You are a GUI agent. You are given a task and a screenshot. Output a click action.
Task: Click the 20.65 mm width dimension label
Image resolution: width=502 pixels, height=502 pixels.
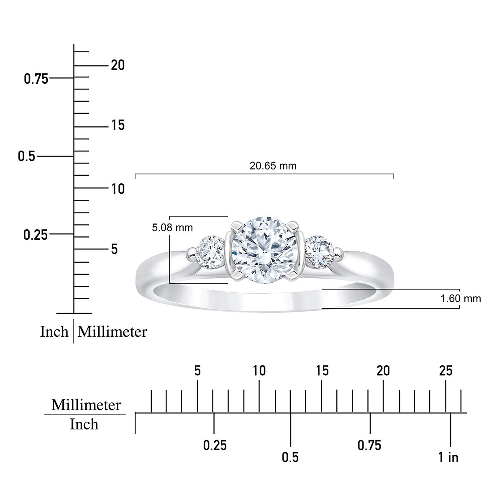273,166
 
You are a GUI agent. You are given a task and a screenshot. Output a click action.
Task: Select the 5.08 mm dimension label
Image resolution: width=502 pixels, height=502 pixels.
172,228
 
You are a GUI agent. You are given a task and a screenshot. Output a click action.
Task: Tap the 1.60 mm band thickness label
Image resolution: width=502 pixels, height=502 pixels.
461,299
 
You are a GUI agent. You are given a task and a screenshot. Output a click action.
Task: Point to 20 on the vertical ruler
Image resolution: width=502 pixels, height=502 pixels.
118,66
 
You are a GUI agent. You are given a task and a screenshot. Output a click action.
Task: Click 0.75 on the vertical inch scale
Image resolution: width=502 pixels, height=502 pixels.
36,79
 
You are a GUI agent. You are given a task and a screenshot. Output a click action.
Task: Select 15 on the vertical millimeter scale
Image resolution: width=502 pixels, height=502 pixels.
118,125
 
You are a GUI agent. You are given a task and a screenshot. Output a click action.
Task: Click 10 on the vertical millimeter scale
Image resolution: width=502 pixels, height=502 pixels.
118,189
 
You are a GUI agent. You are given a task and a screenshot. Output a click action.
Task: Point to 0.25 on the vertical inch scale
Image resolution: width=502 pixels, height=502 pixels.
36,235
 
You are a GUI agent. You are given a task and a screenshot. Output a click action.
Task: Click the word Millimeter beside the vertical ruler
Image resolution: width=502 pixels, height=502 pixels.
113,332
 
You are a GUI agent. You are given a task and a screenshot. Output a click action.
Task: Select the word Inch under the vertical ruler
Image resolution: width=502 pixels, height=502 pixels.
54,332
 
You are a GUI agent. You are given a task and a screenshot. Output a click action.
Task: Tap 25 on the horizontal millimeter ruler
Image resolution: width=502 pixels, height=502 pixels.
446,371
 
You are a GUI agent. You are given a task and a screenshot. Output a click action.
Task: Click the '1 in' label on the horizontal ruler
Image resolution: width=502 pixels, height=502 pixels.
448,458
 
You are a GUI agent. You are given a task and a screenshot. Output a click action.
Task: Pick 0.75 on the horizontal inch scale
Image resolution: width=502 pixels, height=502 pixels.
369,446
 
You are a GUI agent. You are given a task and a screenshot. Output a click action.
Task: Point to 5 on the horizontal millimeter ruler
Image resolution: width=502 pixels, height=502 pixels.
197,371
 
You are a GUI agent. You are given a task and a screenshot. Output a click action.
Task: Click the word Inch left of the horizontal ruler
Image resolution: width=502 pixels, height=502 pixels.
84,425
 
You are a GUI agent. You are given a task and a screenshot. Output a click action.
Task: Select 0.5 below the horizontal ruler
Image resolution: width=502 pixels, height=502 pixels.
290,458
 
